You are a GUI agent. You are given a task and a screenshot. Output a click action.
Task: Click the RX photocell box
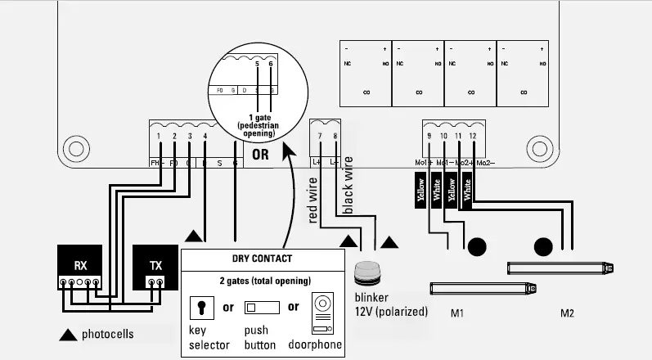(x=80, y=266)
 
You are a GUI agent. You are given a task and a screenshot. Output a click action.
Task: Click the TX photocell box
(x=155, y=266)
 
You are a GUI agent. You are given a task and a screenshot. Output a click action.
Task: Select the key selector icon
(x=199, y=308)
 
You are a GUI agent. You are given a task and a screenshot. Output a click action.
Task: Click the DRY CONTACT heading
(x=262, y=259)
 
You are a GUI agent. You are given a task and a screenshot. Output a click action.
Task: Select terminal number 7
(x=320, y=135)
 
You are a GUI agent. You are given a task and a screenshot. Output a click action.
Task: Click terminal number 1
(x=160, y=136)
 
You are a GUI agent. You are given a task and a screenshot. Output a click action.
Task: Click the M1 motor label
(x=458, y=313)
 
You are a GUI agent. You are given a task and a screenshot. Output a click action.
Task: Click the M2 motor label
(x=568, y=313)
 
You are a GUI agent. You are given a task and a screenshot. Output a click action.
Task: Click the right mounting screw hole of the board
(x=537, y=150)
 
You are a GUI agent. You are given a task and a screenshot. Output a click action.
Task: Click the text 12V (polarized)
(x=391, y=312)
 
